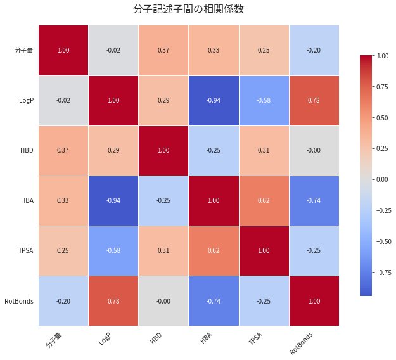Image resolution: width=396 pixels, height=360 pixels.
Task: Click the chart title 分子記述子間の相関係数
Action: pyautogui.click(x=188, y=10)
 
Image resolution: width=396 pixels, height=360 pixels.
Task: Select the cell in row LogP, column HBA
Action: pyautogui.click(x=214, y=101)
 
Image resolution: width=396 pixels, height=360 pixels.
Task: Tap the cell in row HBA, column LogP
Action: pyautogui.click(x=113, y=201)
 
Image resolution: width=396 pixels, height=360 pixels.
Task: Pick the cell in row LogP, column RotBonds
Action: pyautogui.click(x=314, y=101)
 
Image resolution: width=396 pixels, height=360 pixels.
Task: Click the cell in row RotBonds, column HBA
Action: pyautogui.click(x=214, y=301)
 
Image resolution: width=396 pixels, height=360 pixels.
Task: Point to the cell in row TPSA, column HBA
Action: pyautogui.click(x=214, y=251)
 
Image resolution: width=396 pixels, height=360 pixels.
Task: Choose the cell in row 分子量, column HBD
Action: pyautogui.click(x=163, y=51)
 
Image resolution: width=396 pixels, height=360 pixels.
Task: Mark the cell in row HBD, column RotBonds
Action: pyautogui.click(x=314, y=151)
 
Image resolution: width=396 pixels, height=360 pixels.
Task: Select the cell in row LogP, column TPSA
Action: pyautogui.click(x=264, y=101)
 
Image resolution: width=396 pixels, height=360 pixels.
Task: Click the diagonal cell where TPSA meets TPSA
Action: pyautogui.click(x=264, y=251)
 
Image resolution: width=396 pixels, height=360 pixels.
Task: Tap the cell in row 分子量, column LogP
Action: pyautogui.click(x=113, y=51)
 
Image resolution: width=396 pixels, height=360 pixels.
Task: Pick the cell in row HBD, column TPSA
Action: pyautogui.click(x=264, y=151)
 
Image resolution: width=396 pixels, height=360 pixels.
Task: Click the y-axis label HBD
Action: pyautogui.click(x=26, y=151)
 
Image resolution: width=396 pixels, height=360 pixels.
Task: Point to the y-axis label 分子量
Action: pyautogui.click(x=24, y=51)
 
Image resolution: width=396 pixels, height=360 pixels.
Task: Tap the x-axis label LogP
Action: pyautogui.click(x=105, y=339)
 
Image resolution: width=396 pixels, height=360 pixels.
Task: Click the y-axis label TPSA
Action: pyautogui.click(x=25, y=251)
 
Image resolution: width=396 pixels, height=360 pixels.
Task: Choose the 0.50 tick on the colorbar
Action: pyautogui.click(x=383, y=118)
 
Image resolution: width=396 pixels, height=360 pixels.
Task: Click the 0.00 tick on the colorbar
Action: pyautogui.click(x=383, y=179)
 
